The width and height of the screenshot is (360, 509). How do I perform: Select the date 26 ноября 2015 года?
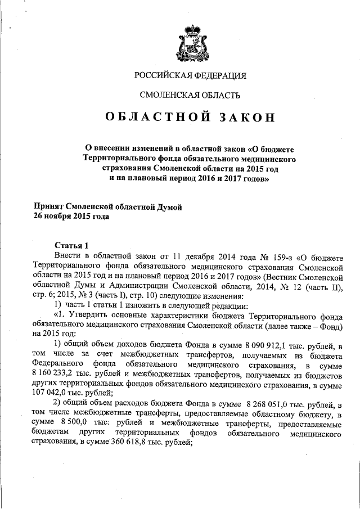71,216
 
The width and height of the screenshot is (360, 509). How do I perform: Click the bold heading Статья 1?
71,246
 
